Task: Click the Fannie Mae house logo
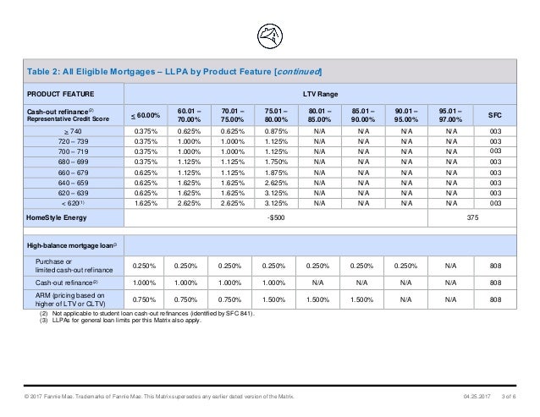pyautogui.click(x=269, y=35)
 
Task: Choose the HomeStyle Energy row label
pyautogui.click(x=58, y=216)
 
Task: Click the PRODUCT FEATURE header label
pyautogui.click(x=61, y=94)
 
